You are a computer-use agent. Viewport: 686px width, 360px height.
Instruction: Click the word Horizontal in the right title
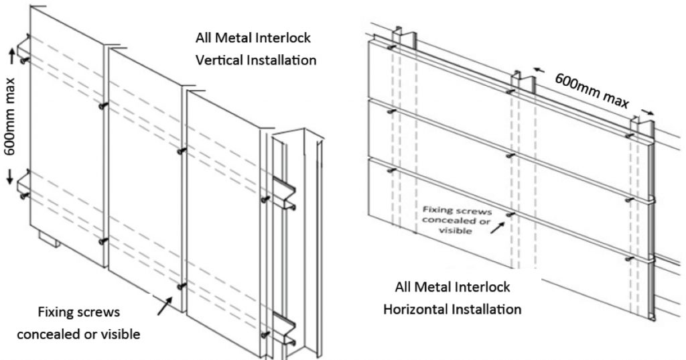pyautogui.click(x=412, y=310)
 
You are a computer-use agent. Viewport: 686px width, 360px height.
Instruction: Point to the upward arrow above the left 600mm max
pyautogui.click(x=11, y=54)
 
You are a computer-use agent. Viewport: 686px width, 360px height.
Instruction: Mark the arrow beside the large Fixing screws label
pyautogui.click(x=161, y=307)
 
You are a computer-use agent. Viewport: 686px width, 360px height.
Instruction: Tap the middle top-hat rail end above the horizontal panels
pyautogui.click(x=522, y=78)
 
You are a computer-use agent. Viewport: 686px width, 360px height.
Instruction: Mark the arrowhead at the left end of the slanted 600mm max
pyautogui.click(x=536, y=68)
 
